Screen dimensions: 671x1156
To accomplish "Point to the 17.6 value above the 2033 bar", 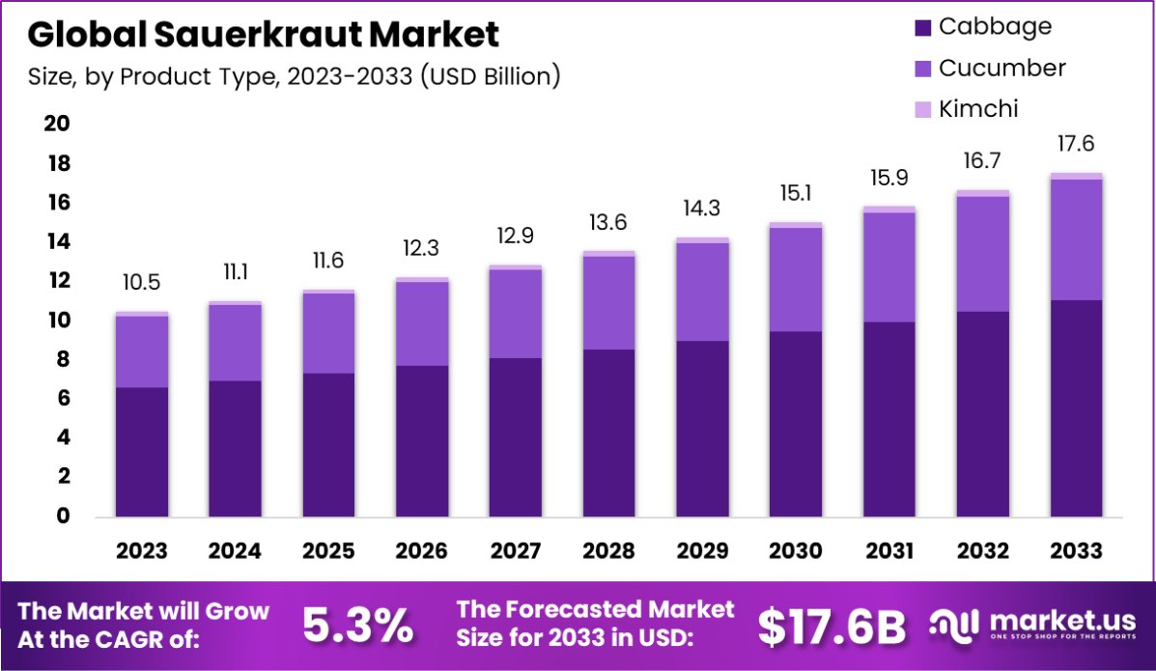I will point(1076,143).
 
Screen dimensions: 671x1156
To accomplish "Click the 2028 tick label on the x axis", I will point(608,551).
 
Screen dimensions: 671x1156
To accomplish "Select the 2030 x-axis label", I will point(796,551).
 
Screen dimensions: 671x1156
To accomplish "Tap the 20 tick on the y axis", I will point(57,124).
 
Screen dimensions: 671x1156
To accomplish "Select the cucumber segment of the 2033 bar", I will point(1076,239).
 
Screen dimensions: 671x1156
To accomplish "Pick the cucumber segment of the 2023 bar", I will point(143,351).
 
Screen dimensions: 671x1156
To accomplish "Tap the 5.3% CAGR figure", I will point(358,627).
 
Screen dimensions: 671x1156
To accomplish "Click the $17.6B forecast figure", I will point(832,627).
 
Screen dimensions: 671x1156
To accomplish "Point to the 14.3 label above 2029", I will point(702,209).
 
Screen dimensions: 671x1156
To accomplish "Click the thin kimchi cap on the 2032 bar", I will point(982,193).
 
